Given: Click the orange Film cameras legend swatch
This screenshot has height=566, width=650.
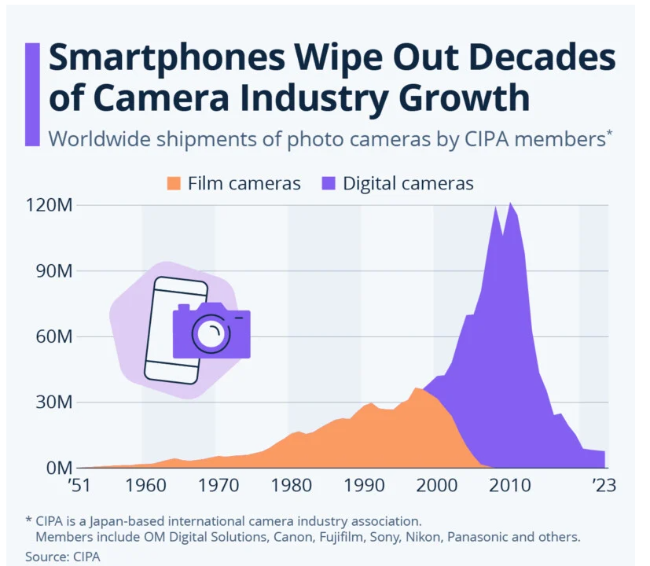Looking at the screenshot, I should point(174,184).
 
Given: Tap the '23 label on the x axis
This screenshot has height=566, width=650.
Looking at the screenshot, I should point(604,486).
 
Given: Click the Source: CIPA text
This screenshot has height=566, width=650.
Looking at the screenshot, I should point(63,556).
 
